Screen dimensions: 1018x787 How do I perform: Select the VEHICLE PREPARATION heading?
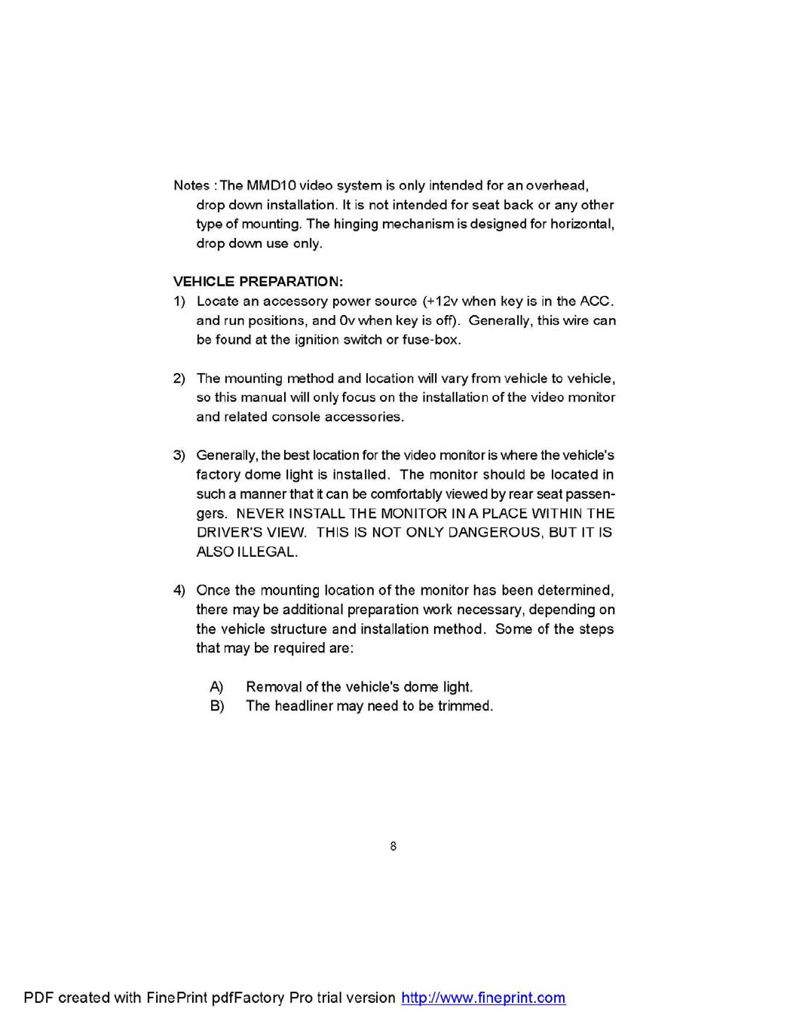point(258,282)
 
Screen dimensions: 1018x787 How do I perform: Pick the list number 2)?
point(179,378)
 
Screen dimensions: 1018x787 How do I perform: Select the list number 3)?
point(179,455)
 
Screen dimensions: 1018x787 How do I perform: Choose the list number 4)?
point(179,590)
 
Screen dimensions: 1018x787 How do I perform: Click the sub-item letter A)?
point(216,687)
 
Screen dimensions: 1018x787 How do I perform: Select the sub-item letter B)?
point(217,706)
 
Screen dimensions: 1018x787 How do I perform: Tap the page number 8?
point(393,846)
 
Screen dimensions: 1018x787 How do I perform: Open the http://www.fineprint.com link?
point(483,998)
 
